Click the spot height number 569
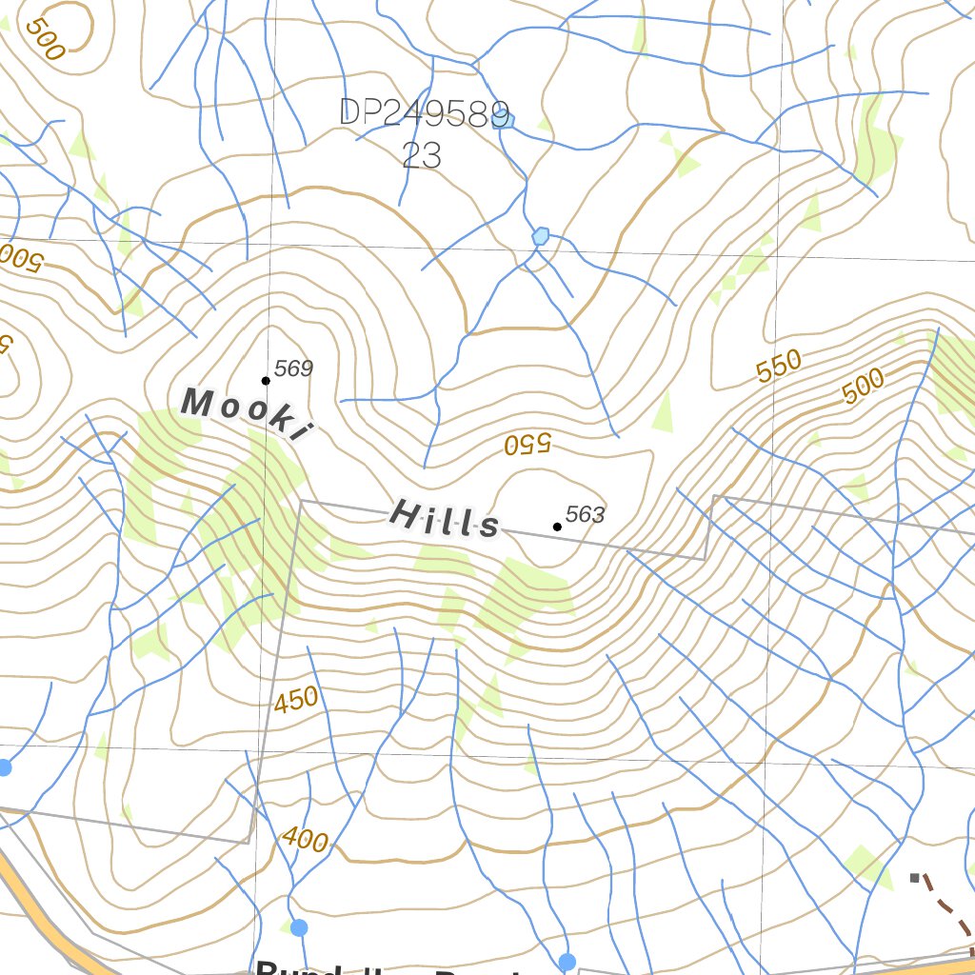(294, 368)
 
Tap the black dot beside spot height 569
(266, 381)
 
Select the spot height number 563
(585, 515)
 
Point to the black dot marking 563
(557, 527)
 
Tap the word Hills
(445, 519)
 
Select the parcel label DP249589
(424, 113)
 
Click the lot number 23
(421, 155)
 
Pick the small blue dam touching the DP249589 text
(505, 120)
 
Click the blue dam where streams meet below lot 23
(541, 235)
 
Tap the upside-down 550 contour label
(527, 444)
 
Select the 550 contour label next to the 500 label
(780, 368)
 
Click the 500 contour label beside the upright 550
(864, 385)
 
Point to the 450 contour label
(296, 701)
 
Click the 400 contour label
(306, 840)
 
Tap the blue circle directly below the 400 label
(299, 927)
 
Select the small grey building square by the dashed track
(915, 877)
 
